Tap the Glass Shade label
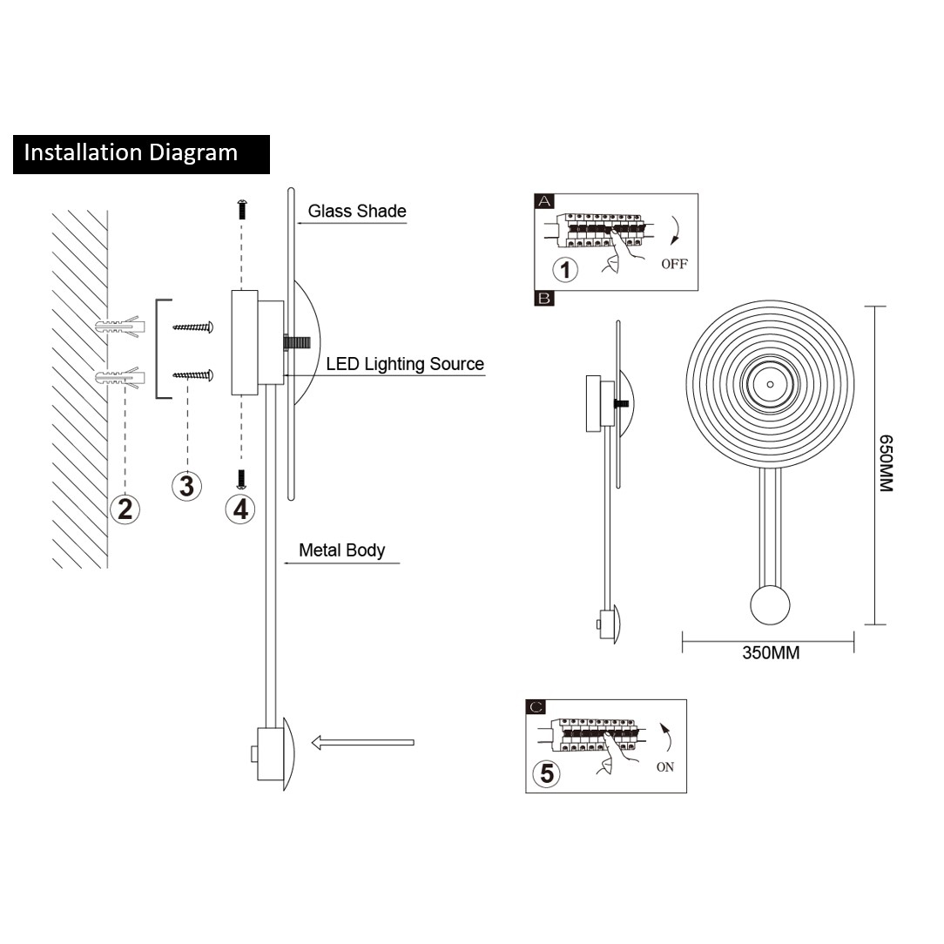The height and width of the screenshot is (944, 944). (x=357, y=211)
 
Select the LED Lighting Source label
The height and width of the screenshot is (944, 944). (x=405, y=364)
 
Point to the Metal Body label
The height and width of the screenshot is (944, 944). (x=341, y=550)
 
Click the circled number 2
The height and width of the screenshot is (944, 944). (x=125, y=508)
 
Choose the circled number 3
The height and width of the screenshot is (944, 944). (x=186, y=485)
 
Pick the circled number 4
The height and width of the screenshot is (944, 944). (x=240, y=508)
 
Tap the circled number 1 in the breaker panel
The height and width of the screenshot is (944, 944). (x=565, y=269)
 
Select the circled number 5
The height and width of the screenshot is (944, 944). (x=546, y=773)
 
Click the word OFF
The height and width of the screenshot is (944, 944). (x=674, y=264)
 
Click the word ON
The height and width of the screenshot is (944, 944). (x=665, y=767)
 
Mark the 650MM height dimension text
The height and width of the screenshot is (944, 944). (x=885, y=464)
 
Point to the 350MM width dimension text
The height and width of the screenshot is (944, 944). (x=771, y=652)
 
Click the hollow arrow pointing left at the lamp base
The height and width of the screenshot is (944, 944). (x=362, y=743)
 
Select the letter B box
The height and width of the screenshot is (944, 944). (x=544, y=299)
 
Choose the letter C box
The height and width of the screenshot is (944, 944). (x=536, y=708)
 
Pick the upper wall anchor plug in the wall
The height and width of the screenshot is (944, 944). (x=117, y=327)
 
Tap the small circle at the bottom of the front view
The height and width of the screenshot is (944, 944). (x=770, y=604)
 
